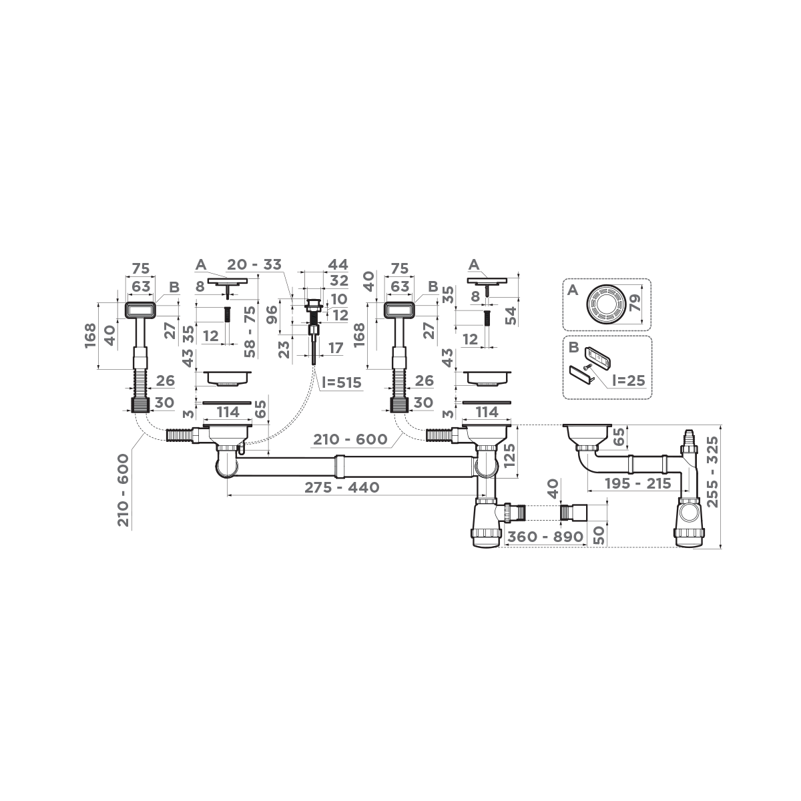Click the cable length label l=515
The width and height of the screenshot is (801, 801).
tap(341, 383)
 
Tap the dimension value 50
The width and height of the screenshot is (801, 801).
tap(599, 534)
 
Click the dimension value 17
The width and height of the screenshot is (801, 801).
tap(335, 348)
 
